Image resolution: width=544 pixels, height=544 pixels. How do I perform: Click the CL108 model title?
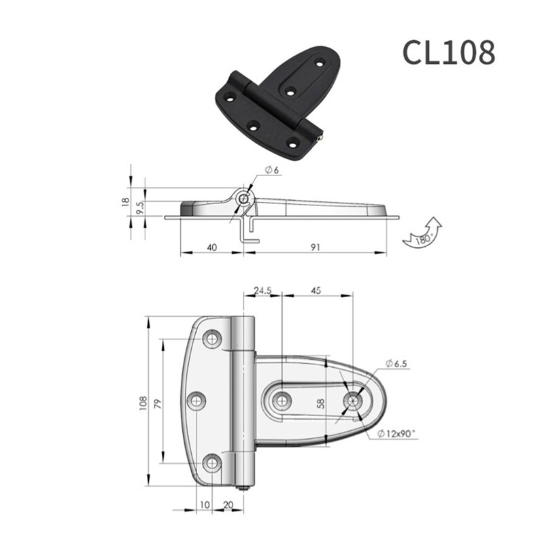click(x=448, y=52)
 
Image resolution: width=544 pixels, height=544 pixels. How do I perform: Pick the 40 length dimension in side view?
click(x=211, y=248)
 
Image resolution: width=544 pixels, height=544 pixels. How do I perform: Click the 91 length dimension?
click(x=315, y=248)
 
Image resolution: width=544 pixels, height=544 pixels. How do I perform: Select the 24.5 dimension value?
click(x=261, y=290)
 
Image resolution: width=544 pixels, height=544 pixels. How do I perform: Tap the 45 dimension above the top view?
click(x=316, y=290)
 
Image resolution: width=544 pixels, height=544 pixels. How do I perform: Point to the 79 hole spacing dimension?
click(x=158, y=403)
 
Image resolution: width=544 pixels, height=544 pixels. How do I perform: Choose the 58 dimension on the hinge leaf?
click(x=321, y=403)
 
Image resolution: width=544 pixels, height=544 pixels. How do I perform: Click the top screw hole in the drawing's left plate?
click(x=214, y=339)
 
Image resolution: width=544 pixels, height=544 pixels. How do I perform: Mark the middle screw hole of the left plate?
click(x=198, y=401)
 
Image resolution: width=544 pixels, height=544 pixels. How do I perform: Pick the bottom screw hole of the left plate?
click(x=214, y=463)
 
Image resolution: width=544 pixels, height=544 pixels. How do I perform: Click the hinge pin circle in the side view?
click(x=243, y=198)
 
